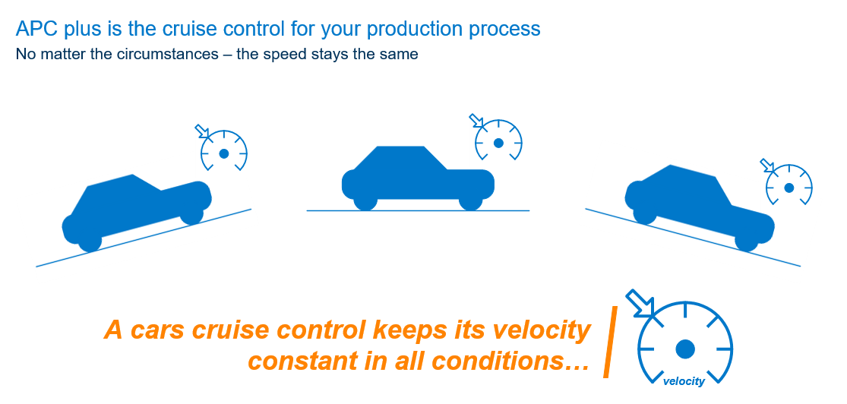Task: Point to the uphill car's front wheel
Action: tap(191, 214)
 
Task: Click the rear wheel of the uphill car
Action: tap(90, 241)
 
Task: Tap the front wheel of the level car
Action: tap(470, 200)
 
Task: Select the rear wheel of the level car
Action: tap(365, 200)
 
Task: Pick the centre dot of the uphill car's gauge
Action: tap(224, 154)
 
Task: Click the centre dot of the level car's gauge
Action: tap(498, 143)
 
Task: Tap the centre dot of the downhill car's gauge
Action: tap(789, 188)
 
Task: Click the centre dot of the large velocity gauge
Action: tap(685, 349)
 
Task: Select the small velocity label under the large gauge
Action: tap(684, 382)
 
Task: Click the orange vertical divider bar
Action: tap(610, 341)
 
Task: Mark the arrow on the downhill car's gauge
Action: tap(767, 166)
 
